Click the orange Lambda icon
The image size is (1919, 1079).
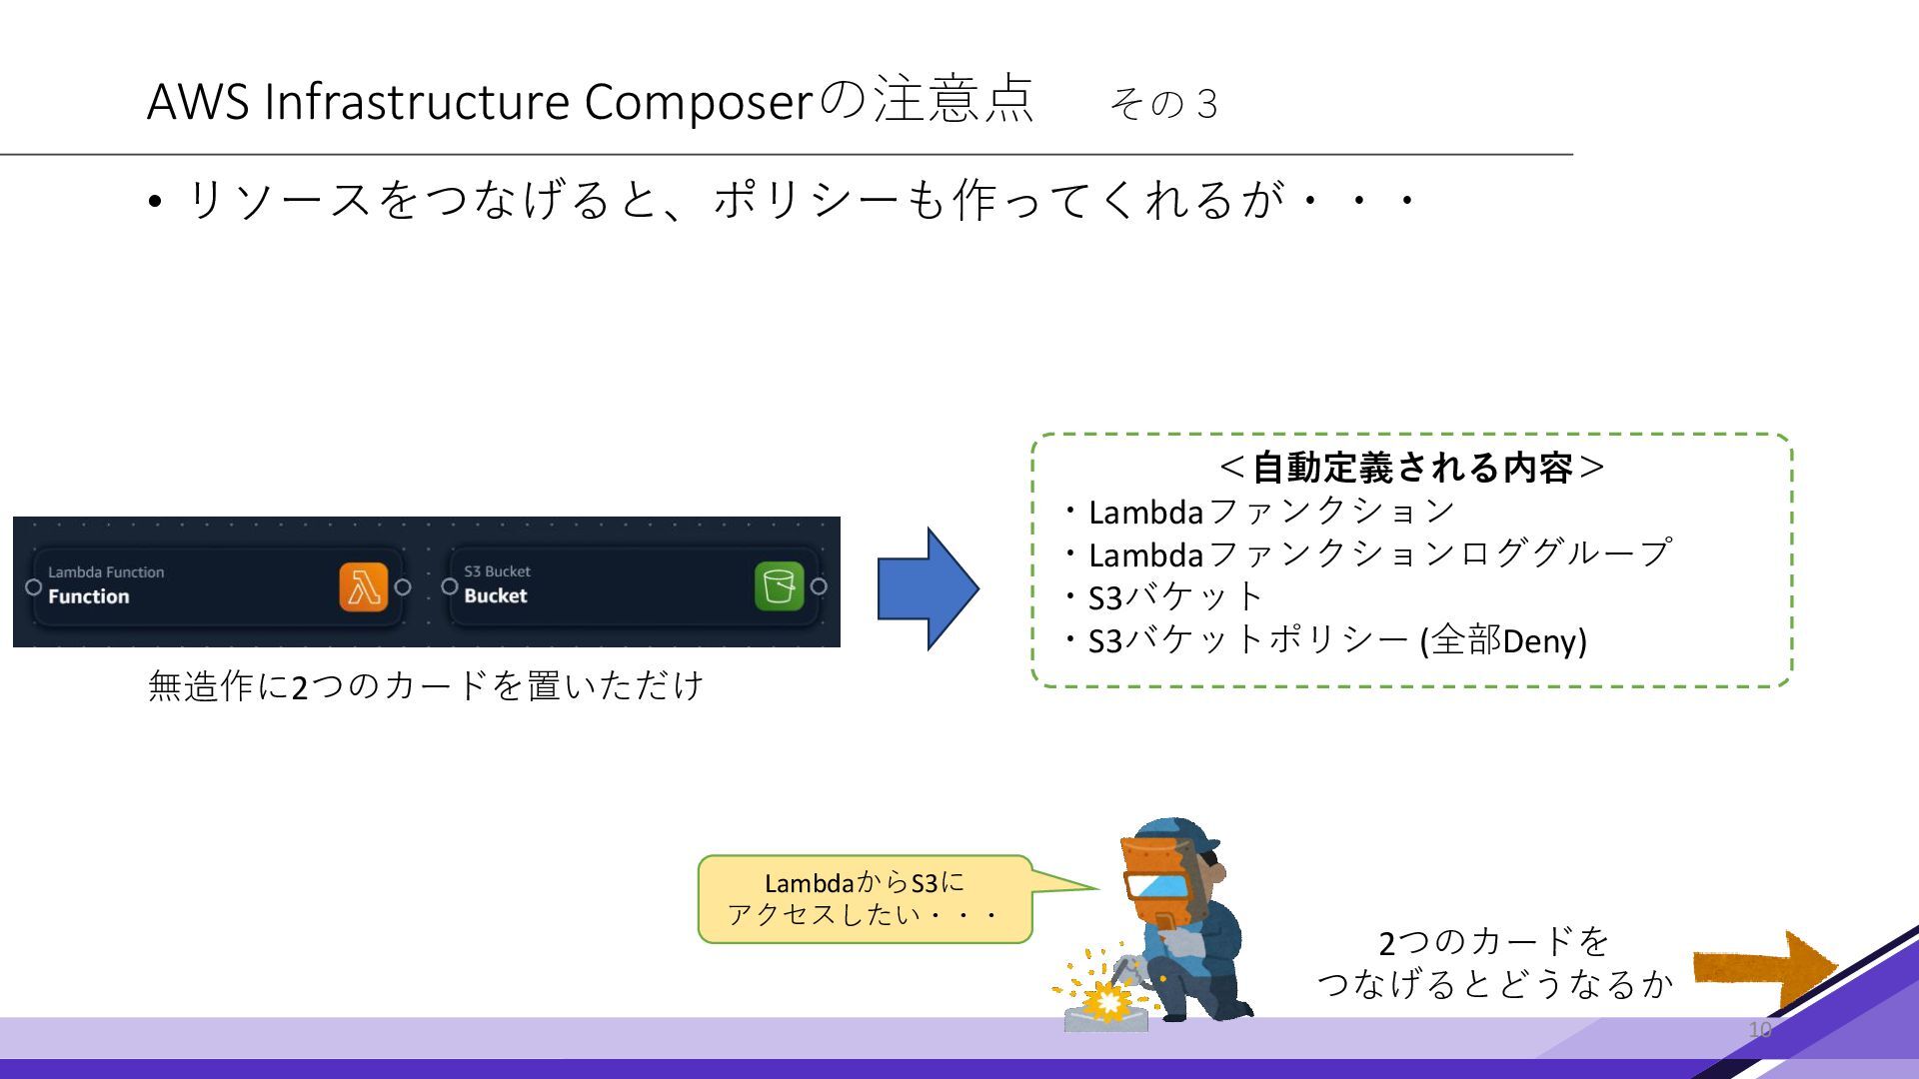click(x=363, y=586)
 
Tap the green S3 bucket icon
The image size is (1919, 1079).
click(x=779, y=585)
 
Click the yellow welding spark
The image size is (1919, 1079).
click(x=1104, y=999)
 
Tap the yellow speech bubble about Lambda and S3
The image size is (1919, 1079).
click(x=865, y=898)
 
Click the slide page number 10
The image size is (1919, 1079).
click(x=1759, y=1030)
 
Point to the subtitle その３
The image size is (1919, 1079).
click(x=1163, y=104)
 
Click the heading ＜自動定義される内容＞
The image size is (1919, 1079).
click(x=1411, y=467)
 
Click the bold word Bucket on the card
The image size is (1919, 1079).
click(x=496, y=596)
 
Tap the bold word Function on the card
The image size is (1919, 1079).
click(x=89, y=597)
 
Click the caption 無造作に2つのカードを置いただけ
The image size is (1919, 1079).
click(x=426, y=686)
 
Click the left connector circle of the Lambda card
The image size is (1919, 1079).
click(x=33, y=586)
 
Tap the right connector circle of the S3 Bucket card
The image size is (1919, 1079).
click(x=819, y=586)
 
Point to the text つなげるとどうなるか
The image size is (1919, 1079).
click(x=1494, y=984)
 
